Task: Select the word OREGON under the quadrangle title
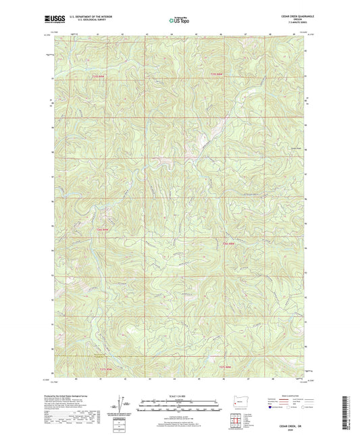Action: [295, 20]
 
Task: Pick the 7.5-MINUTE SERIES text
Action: [295, 23]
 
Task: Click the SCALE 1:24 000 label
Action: [180, 395]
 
